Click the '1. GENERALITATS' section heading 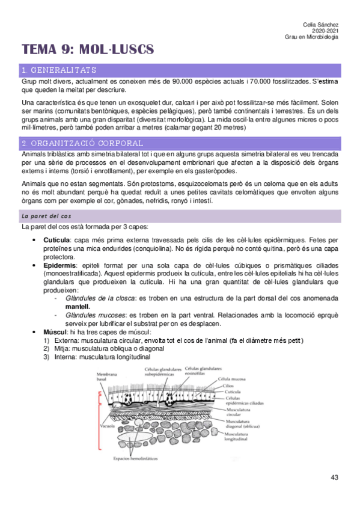[x=59, y=70]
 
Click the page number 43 [x=335, y=478]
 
